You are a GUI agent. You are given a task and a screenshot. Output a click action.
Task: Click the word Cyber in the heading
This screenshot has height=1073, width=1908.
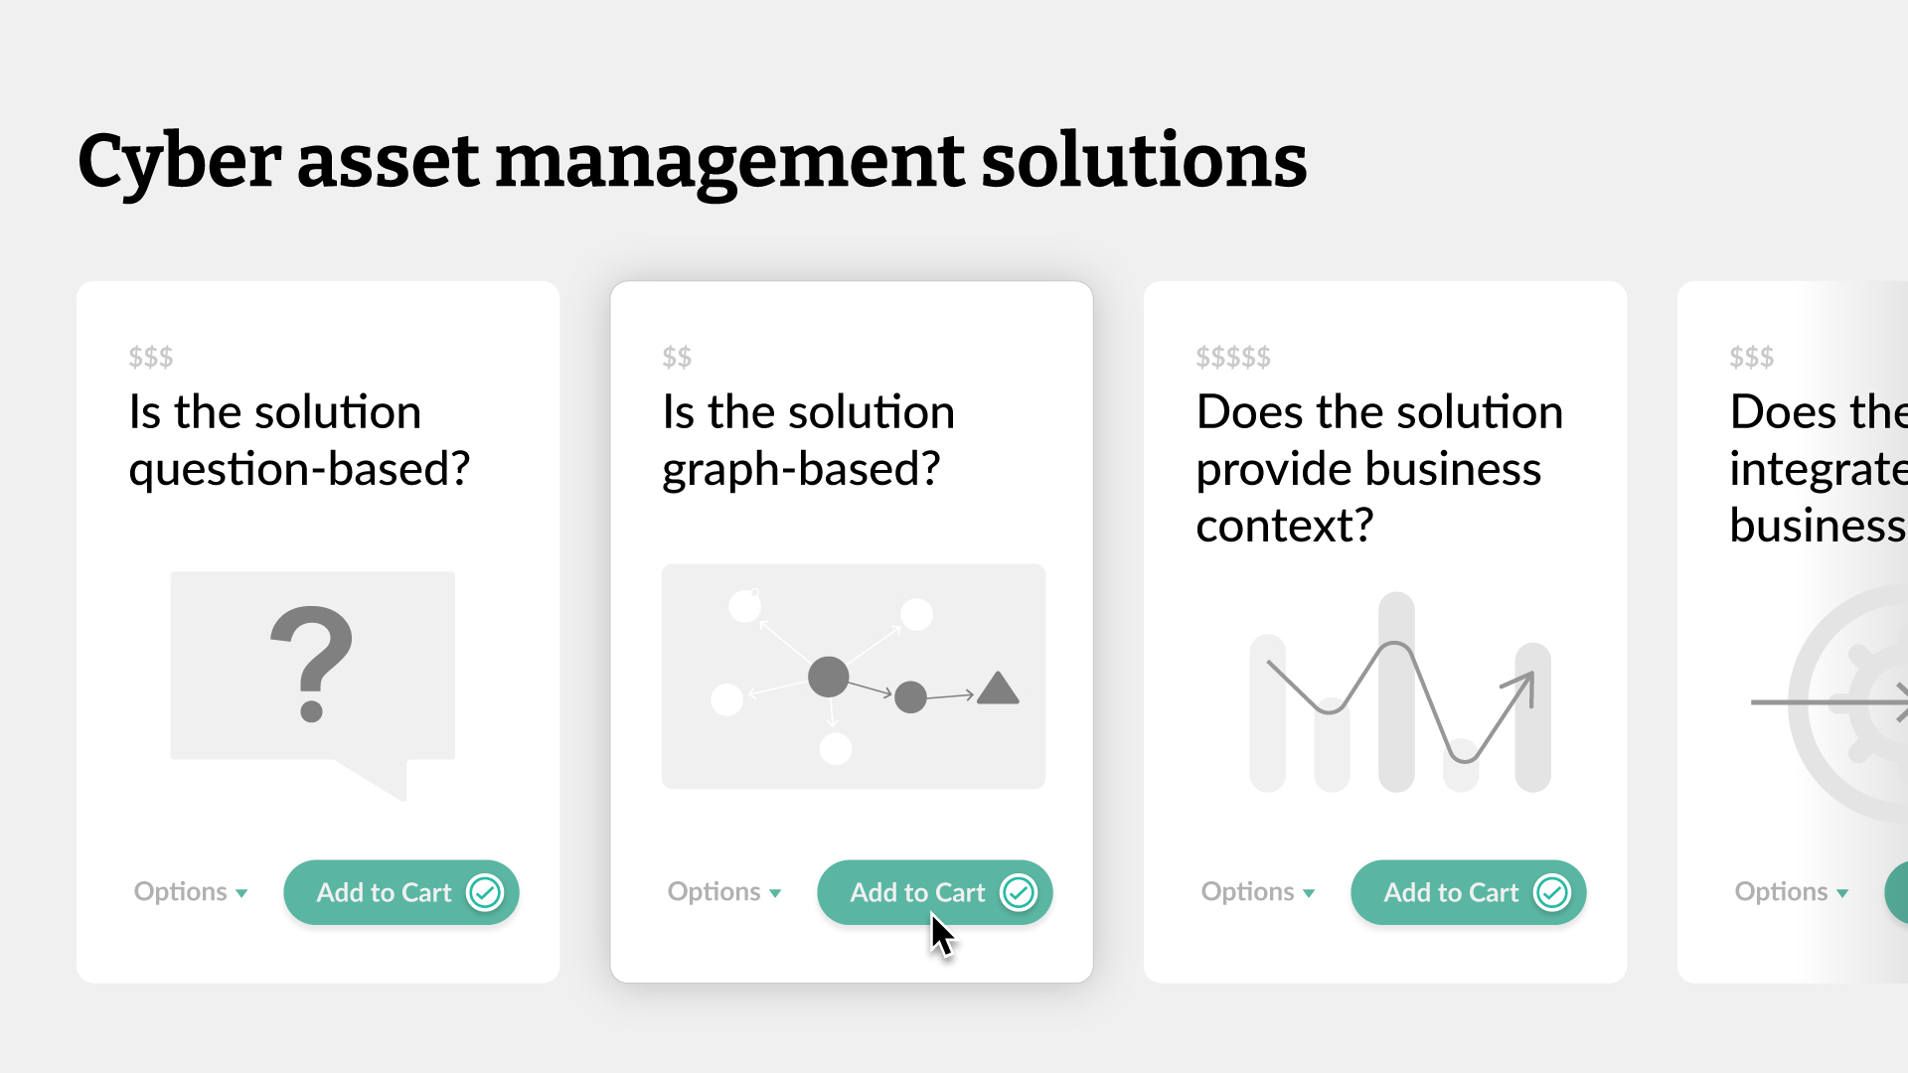(x=179, y=162)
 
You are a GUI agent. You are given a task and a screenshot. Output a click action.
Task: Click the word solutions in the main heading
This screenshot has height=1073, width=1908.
(x=1143, y=162)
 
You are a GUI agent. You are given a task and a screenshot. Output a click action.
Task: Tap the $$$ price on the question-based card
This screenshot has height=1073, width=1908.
(x=151, y=357)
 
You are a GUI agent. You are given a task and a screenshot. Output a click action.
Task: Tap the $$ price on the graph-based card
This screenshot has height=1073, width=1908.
(x=677, y=357)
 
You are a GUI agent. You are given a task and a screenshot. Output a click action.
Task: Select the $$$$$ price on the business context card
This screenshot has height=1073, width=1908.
(x=1233, y=357)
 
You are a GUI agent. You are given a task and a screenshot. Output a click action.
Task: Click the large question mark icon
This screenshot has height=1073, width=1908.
(x=311, y=663)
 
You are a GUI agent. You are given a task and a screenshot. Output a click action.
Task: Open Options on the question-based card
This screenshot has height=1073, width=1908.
(x=190, y=892)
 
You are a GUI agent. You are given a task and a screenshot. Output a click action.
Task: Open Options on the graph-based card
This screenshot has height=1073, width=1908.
(x=723, y=892)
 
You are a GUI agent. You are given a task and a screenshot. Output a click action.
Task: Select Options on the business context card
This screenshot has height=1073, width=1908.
(x=1257, y=892)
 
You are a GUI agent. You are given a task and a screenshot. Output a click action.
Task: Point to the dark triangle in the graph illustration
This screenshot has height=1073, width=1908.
(x=998, y=690)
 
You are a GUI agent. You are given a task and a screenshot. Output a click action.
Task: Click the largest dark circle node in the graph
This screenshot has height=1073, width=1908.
(x=828, y=677)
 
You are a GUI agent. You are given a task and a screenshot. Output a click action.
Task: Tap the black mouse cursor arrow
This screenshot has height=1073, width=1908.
(x=940, y=936)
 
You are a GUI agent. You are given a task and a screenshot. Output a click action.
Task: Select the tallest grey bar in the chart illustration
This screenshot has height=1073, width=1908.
(x=1396, y=691)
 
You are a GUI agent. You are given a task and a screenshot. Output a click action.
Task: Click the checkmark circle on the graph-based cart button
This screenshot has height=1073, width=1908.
(x=1019, y=892)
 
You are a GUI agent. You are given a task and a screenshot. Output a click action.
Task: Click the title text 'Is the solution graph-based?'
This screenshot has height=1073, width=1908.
(x=808, y=440)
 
